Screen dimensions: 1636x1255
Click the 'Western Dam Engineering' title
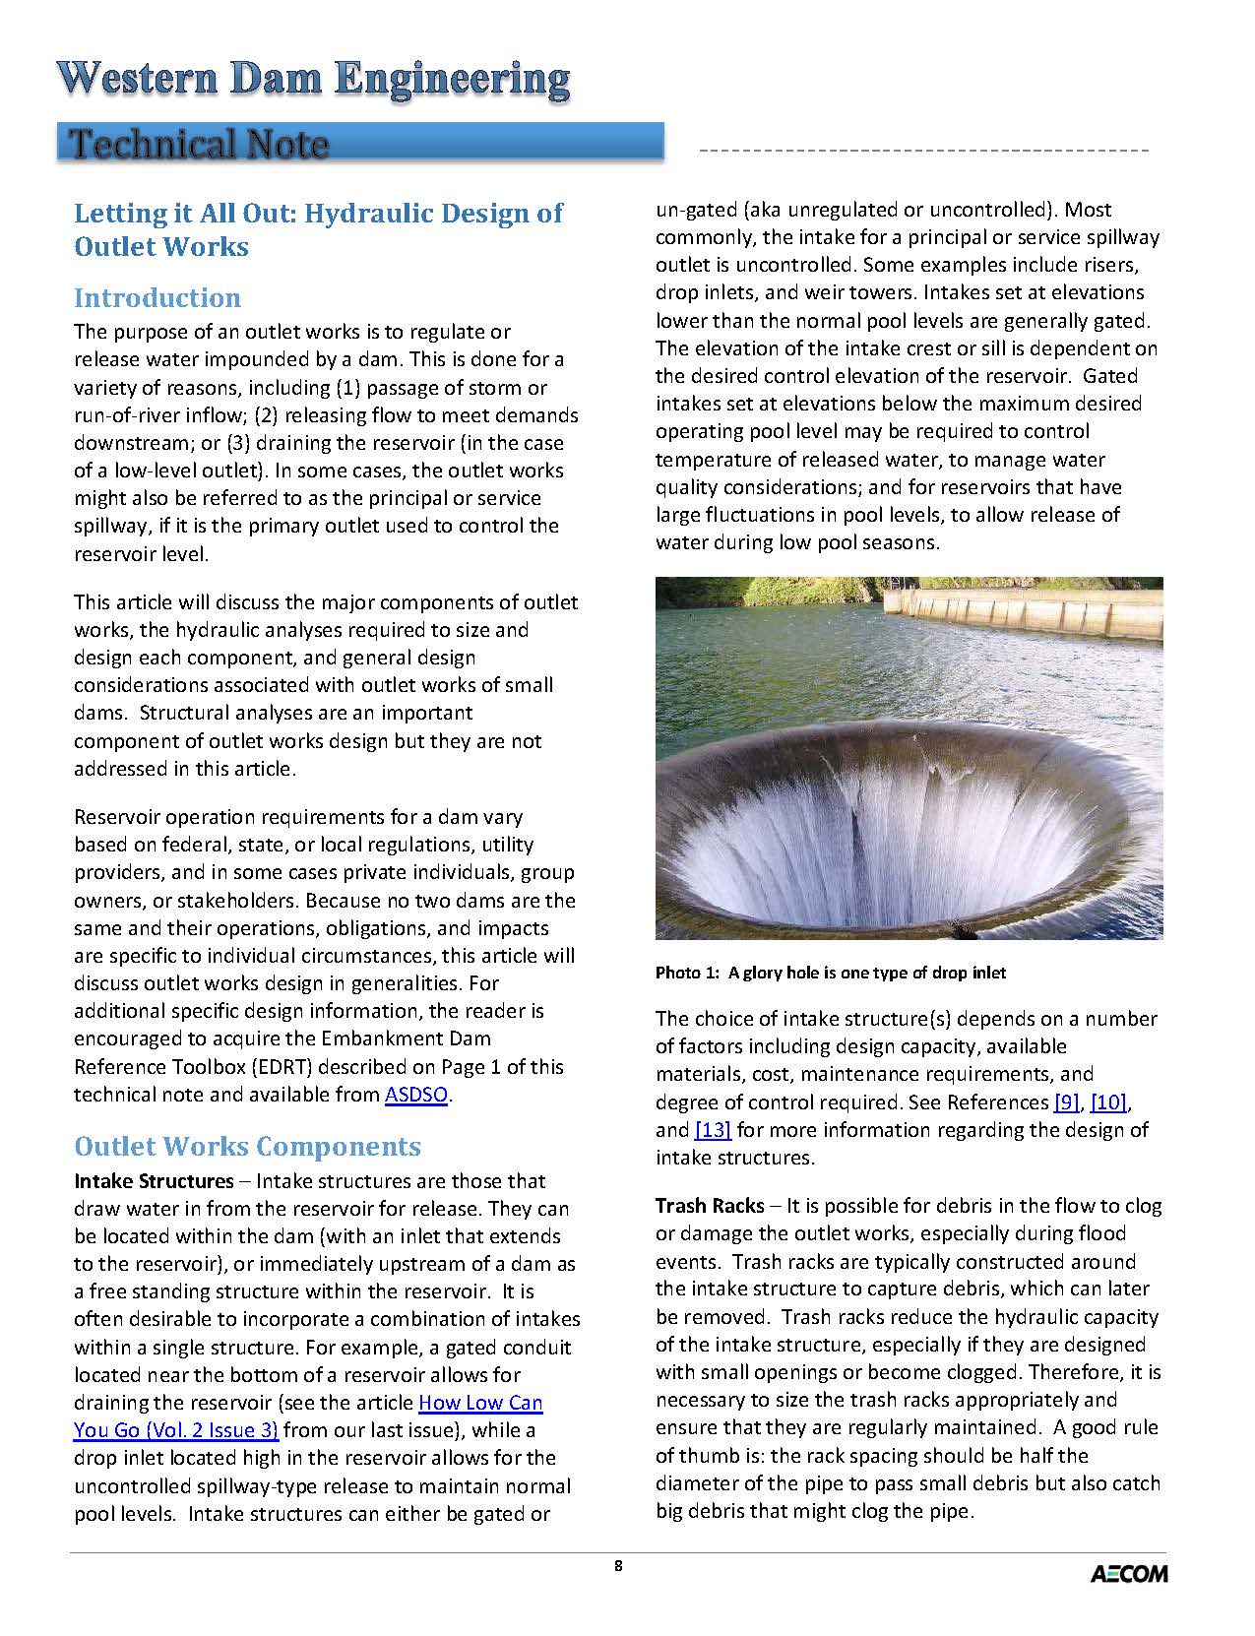pos(313,80)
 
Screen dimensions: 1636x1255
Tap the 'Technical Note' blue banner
pos(360,144)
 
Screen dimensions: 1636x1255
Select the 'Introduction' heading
pos(157,298)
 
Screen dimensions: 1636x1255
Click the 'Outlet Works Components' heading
pos(247,1147)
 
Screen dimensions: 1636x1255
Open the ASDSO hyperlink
pos(415,1095)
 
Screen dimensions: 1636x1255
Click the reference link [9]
pos(1066,1102)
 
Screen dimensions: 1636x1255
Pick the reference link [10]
pos(1108,1102)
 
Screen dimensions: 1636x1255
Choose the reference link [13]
pos(713,1130)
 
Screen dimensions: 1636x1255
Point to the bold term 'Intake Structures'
pos(155,1181)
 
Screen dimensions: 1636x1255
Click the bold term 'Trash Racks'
pos(710,1206)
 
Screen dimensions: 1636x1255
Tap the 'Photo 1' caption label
pos(689,974)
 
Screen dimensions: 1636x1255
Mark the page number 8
pos(618,1566)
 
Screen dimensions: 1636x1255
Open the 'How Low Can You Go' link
pos(480,1403)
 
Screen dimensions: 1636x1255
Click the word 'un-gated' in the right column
pos(694,210)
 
